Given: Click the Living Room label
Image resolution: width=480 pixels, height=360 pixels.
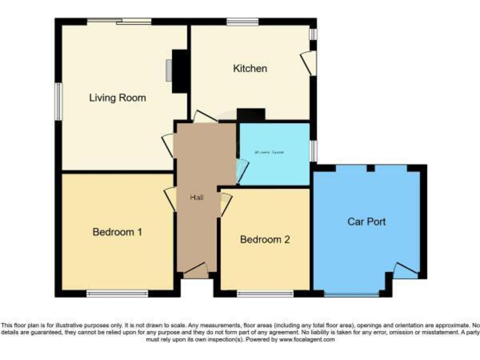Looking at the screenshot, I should tap(117, 97).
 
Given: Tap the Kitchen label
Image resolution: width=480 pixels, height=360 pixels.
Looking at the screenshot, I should tap(250, 68).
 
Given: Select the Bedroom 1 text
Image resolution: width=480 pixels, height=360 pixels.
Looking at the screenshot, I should tap(117, 232).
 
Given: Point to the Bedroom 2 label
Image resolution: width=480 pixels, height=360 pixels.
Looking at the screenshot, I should tap(264, 239).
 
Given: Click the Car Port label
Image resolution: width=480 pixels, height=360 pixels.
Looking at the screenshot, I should tap(366, 221).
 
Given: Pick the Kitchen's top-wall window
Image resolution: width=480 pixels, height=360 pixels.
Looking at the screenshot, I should tap(238, 22).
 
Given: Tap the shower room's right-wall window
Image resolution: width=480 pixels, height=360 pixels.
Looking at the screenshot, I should tap(313, 151).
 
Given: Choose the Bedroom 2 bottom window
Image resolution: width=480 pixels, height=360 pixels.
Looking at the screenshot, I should tap(264, 293).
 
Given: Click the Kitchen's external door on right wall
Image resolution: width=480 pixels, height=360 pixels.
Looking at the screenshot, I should tap(308, 61).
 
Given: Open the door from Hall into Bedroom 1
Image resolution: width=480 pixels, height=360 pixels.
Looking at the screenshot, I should tap(170, 199).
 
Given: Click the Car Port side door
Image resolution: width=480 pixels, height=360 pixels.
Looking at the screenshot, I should tap(405, 270).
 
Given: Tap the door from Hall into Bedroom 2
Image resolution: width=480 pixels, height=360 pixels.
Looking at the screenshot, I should tap(226, 204).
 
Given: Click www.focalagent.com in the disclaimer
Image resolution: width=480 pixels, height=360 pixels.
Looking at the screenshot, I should tap(307, 339).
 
